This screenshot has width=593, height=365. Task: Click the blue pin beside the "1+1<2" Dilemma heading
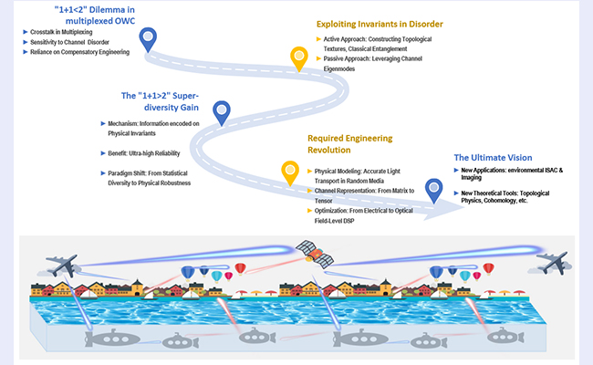tap(148, 38)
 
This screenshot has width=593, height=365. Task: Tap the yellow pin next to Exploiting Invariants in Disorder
tap(298, 58)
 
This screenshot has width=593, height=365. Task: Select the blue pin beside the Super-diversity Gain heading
tap(221, 112)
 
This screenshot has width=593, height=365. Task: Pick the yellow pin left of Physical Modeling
tap(290, 171)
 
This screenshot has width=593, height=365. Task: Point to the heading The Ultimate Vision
tap(492, 158)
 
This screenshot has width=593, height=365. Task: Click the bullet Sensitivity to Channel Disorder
tap(68, 42)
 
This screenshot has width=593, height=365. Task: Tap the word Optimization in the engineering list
tap(333, 210)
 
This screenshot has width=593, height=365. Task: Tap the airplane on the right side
tap(555, 262)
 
